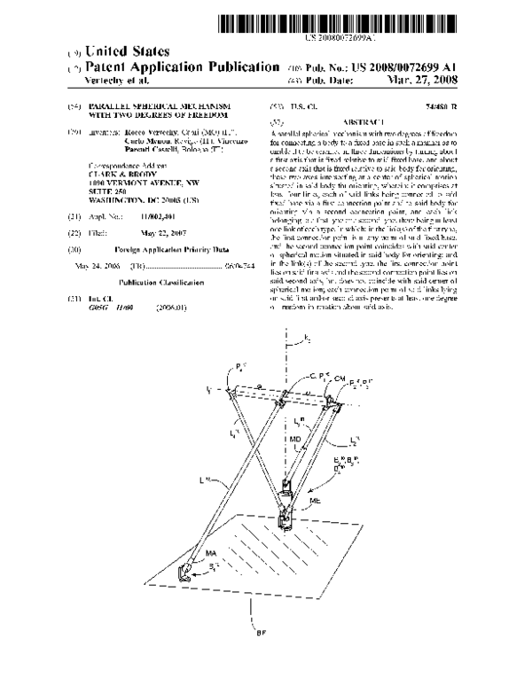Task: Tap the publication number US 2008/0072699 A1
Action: tap(416, 66)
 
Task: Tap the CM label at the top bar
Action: tap(309, 376)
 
